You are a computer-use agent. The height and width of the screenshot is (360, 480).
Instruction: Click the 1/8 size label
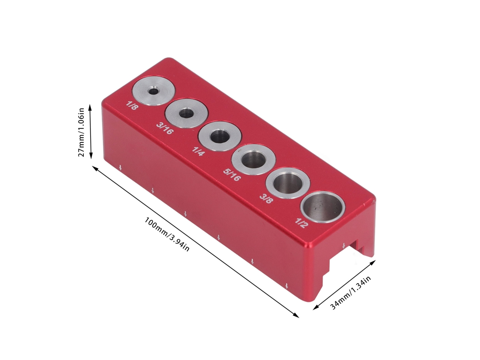132,106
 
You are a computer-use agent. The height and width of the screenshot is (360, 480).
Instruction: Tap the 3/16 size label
164,128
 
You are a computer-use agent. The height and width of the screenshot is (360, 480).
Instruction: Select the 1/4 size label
198,151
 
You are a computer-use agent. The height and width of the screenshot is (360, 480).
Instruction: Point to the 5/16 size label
232,174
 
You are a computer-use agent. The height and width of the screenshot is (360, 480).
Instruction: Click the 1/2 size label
301,223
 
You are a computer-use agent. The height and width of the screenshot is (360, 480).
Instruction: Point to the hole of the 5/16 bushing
253,160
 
